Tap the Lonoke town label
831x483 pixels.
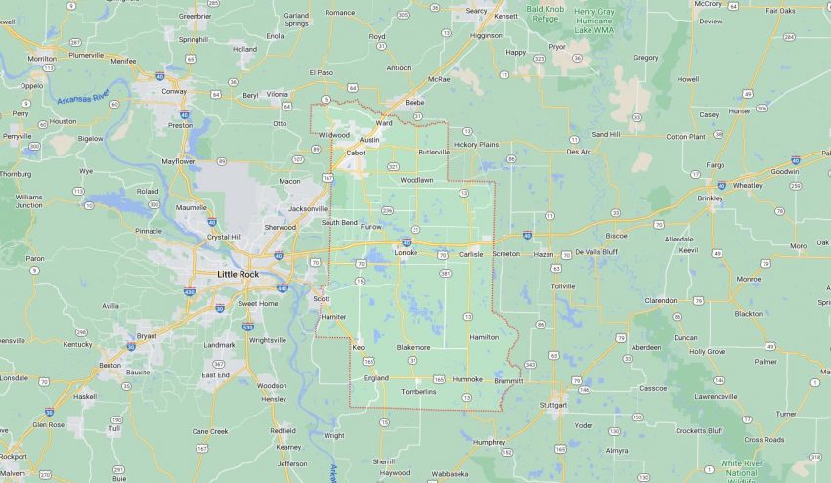[x=406, y=253]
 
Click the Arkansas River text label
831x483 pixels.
[x=84, y=101]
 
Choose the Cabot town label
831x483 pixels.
[x=355, y=152]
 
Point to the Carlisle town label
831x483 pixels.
[x=471, y=254]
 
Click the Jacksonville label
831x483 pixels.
[x=308, y=208]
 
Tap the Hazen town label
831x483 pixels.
[x=543, y=254]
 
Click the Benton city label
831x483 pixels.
[x=109, y=365]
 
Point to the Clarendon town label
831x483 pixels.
[x=661, y=300]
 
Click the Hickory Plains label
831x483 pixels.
[x=476, y=144]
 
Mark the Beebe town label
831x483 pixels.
[x=415, y=102]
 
